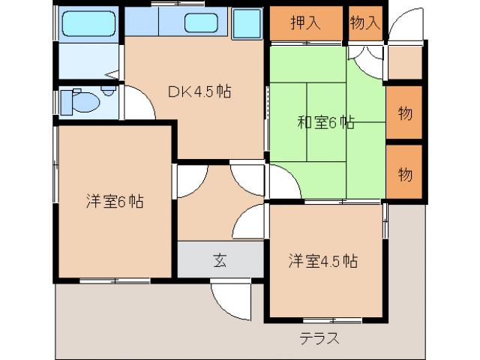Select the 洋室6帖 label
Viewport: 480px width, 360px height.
(x=114, y=201)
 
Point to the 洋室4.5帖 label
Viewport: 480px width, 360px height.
(x=322, y=261)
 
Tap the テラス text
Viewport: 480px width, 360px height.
(x=319, y=337)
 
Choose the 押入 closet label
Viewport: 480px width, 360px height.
(x=305, y=22)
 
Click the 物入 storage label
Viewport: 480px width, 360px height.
(x=364, y=22)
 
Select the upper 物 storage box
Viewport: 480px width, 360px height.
(x=404, y=113)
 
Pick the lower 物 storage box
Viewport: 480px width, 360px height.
(x=404, y=174)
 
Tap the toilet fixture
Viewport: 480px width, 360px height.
(x=79, y=100)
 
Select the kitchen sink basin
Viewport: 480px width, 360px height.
(x=200, y=23)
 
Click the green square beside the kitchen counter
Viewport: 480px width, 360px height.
(x=247, y=25)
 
